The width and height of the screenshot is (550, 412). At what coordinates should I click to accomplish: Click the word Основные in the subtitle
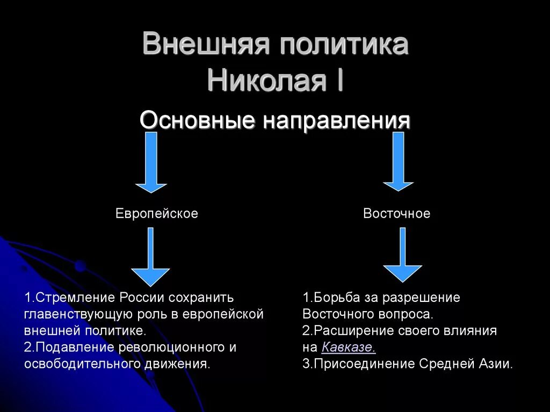coord(197,120)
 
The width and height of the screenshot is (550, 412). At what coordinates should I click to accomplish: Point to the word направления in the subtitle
coord(336,121)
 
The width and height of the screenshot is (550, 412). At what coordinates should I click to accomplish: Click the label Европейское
coord(157,214)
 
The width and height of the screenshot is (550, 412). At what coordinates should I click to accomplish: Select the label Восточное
coord(396,214)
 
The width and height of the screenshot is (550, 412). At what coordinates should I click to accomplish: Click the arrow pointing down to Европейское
coord(151,162)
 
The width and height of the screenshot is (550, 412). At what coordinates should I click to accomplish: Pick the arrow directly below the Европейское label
coord(151,257)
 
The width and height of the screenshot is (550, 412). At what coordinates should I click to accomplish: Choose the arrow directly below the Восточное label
coord(402,255)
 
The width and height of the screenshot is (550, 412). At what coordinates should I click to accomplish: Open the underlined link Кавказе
coord(349,347)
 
